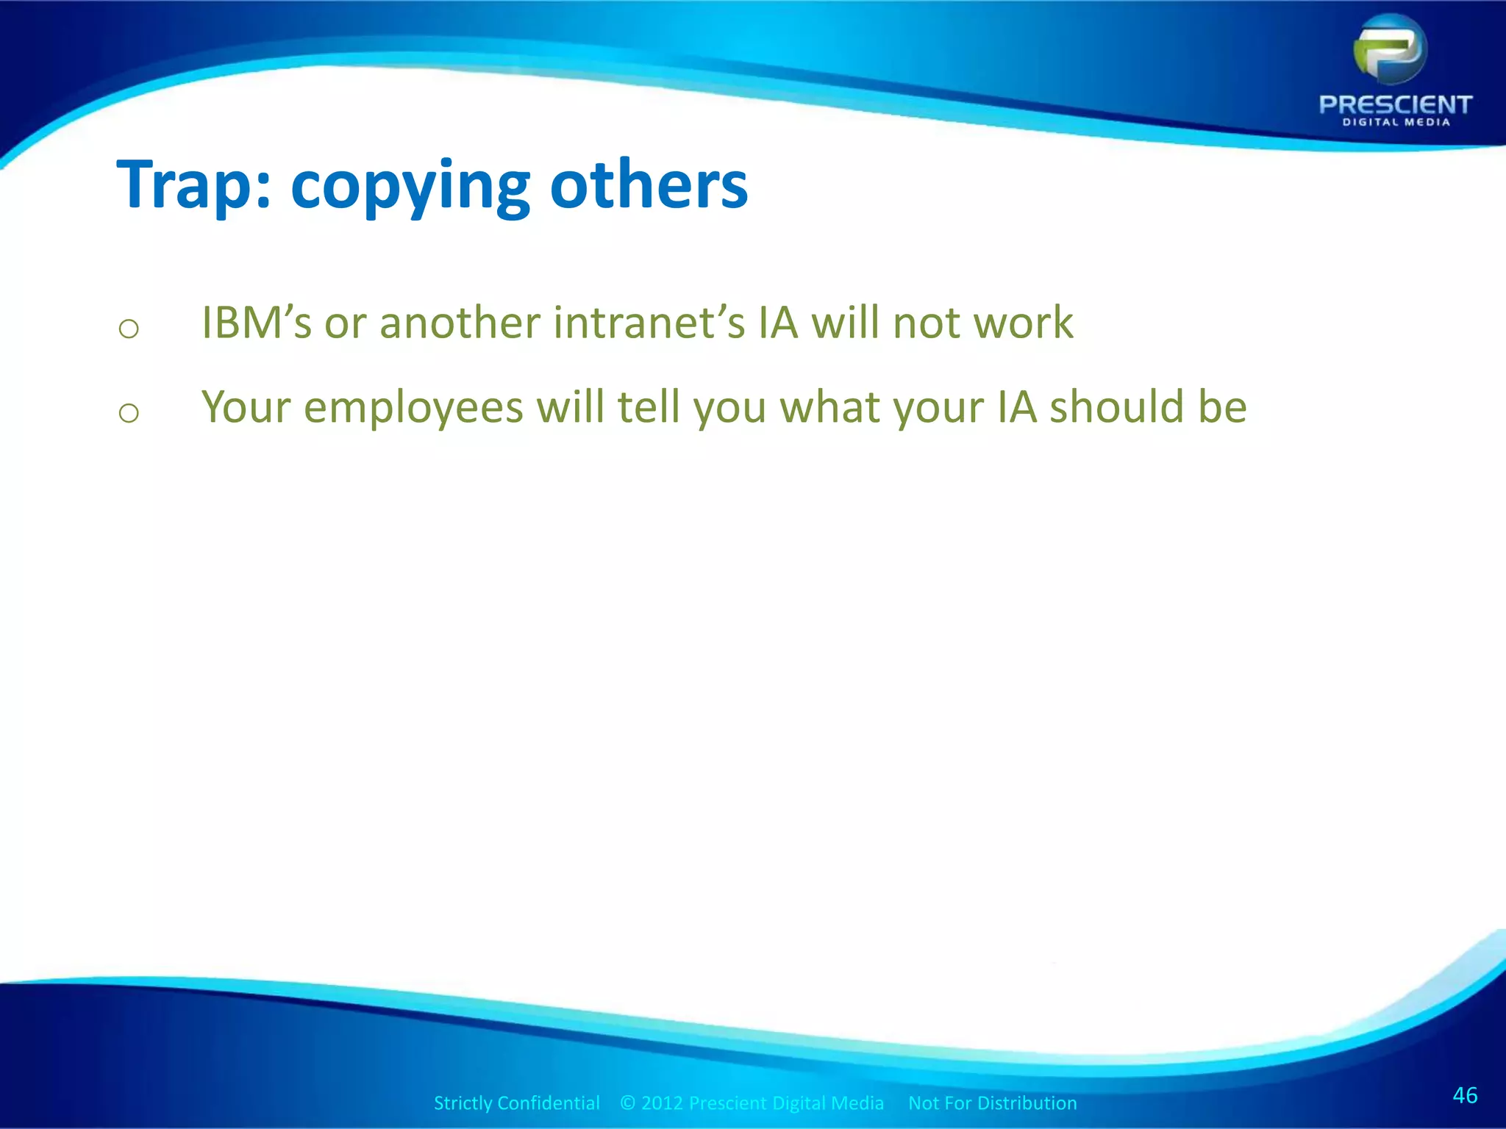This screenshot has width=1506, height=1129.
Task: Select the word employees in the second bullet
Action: pyautogui.click(x=413, y=408)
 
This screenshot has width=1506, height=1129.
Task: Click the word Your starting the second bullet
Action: pyautogui.click(x=246, y=408)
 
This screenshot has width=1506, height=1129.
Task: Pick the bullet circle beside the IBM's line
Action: pyautogui.click(x=129, y=329)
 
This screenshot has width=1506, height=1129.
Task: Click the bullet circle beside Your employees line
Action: pyautogui.click(x=129, y=413)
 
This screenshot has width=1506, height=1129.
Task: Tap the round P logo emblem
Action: pyautogui.click(x=1390, y=50)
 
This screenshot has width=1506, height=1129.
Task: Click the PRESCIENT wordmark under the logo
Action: pyautogui.click(x=1396, y=104)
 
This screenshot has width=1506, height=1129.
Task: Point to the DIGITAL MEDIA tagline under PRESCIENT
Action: pyautogui.click(x=1396, y=123)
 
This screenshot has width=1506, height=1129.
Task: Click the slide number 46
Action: pyautogui.click(x=1465, y=1095)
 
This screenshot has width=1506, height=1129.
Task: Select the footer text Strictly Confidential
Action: pyautogui.click(x=516, y=1103)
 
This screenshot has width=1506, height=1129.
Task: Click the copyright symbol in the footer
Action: pyautogui.click(x=627, y=1103)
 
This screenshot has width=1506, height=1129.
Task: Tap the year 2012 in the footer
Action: pyautogui.click(x=662, y=1103)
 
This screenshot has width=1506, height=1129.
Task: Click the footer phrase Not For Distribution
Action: pyautogui.click(x=992, y=1103)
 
